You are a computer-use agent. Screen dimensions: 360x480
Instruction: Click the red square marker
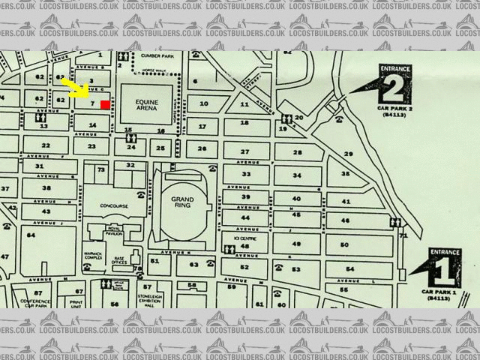pos(104,104)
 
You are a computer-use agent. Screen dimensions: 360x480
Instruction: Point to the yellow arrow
pos(76,88)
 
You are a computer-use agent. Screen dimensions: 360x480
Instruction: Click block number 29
pos(348,154)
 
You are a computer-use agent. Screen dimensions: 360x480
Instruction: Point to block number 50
pos(344,244)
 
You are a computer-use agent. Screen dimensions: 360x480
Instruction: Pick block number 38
pos(46,188)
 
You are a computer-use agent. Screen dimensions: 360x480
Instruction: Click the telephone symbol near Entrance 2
pos(340,118)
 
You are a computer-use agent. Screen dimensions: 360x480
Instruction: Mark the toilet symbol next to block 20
pos(287,118)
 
